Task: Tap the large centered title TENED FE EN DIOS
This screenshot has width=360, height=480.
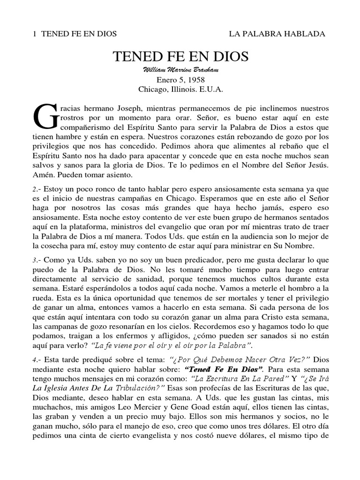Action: (180, 57)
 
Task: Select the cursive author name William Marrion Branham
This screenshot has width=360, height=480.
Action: (180, 70)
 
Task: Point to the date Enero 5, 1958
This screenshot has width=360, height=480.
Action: (180, 79)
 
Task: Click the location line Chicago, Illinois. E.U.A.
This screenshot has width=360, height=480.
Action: (180, 89)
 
